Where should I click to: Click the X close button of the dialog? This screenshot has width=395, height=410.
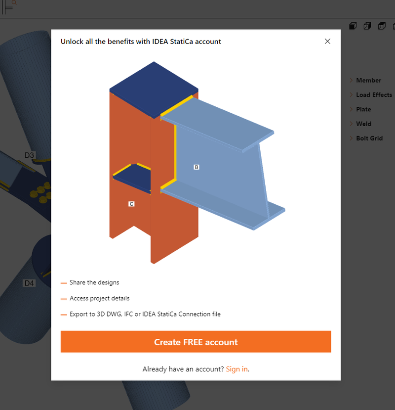tap(327, 42)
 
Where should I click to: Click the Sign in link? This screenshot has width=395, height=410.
tap(237, 369)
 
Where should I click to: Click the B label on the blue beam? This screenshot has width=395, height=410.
tap(197, 167)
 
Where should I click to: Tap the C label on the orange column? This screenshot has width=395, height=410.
tap(131, 204)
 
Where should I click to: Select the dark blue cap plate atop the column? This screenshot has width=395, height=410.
tap(154, 89)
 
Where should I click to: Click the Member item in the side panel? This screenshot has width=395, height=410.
tap(368, 80)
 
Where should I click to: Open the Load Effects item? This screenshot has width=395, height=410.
tap(374, 94)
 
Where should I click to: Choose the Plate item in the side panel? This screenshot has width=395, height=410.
tap(363, 109)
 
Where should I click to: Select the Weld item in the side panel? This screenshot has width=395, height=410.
tap(363, 124)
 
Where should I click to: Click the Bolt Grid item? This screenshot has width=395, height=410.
tap(369, 138)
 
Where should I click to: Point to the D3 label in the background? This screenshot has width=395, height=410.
tap(30, 155)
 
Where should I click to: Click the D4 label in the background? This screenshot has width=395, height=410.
tap(30, 283)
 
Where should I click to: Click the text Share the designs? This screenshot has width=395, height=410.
tap(94, 282)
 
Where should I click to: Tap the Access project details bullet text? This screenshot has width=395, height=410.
tap(99, 298)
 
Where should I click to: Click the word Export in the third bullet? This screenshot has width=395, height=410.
tap(79, 314)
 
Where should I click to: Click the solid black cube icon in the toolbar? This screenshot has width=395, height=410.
tap(353, 26)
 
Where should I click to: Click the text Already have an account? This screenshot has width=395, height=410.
tap(183, 369)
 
